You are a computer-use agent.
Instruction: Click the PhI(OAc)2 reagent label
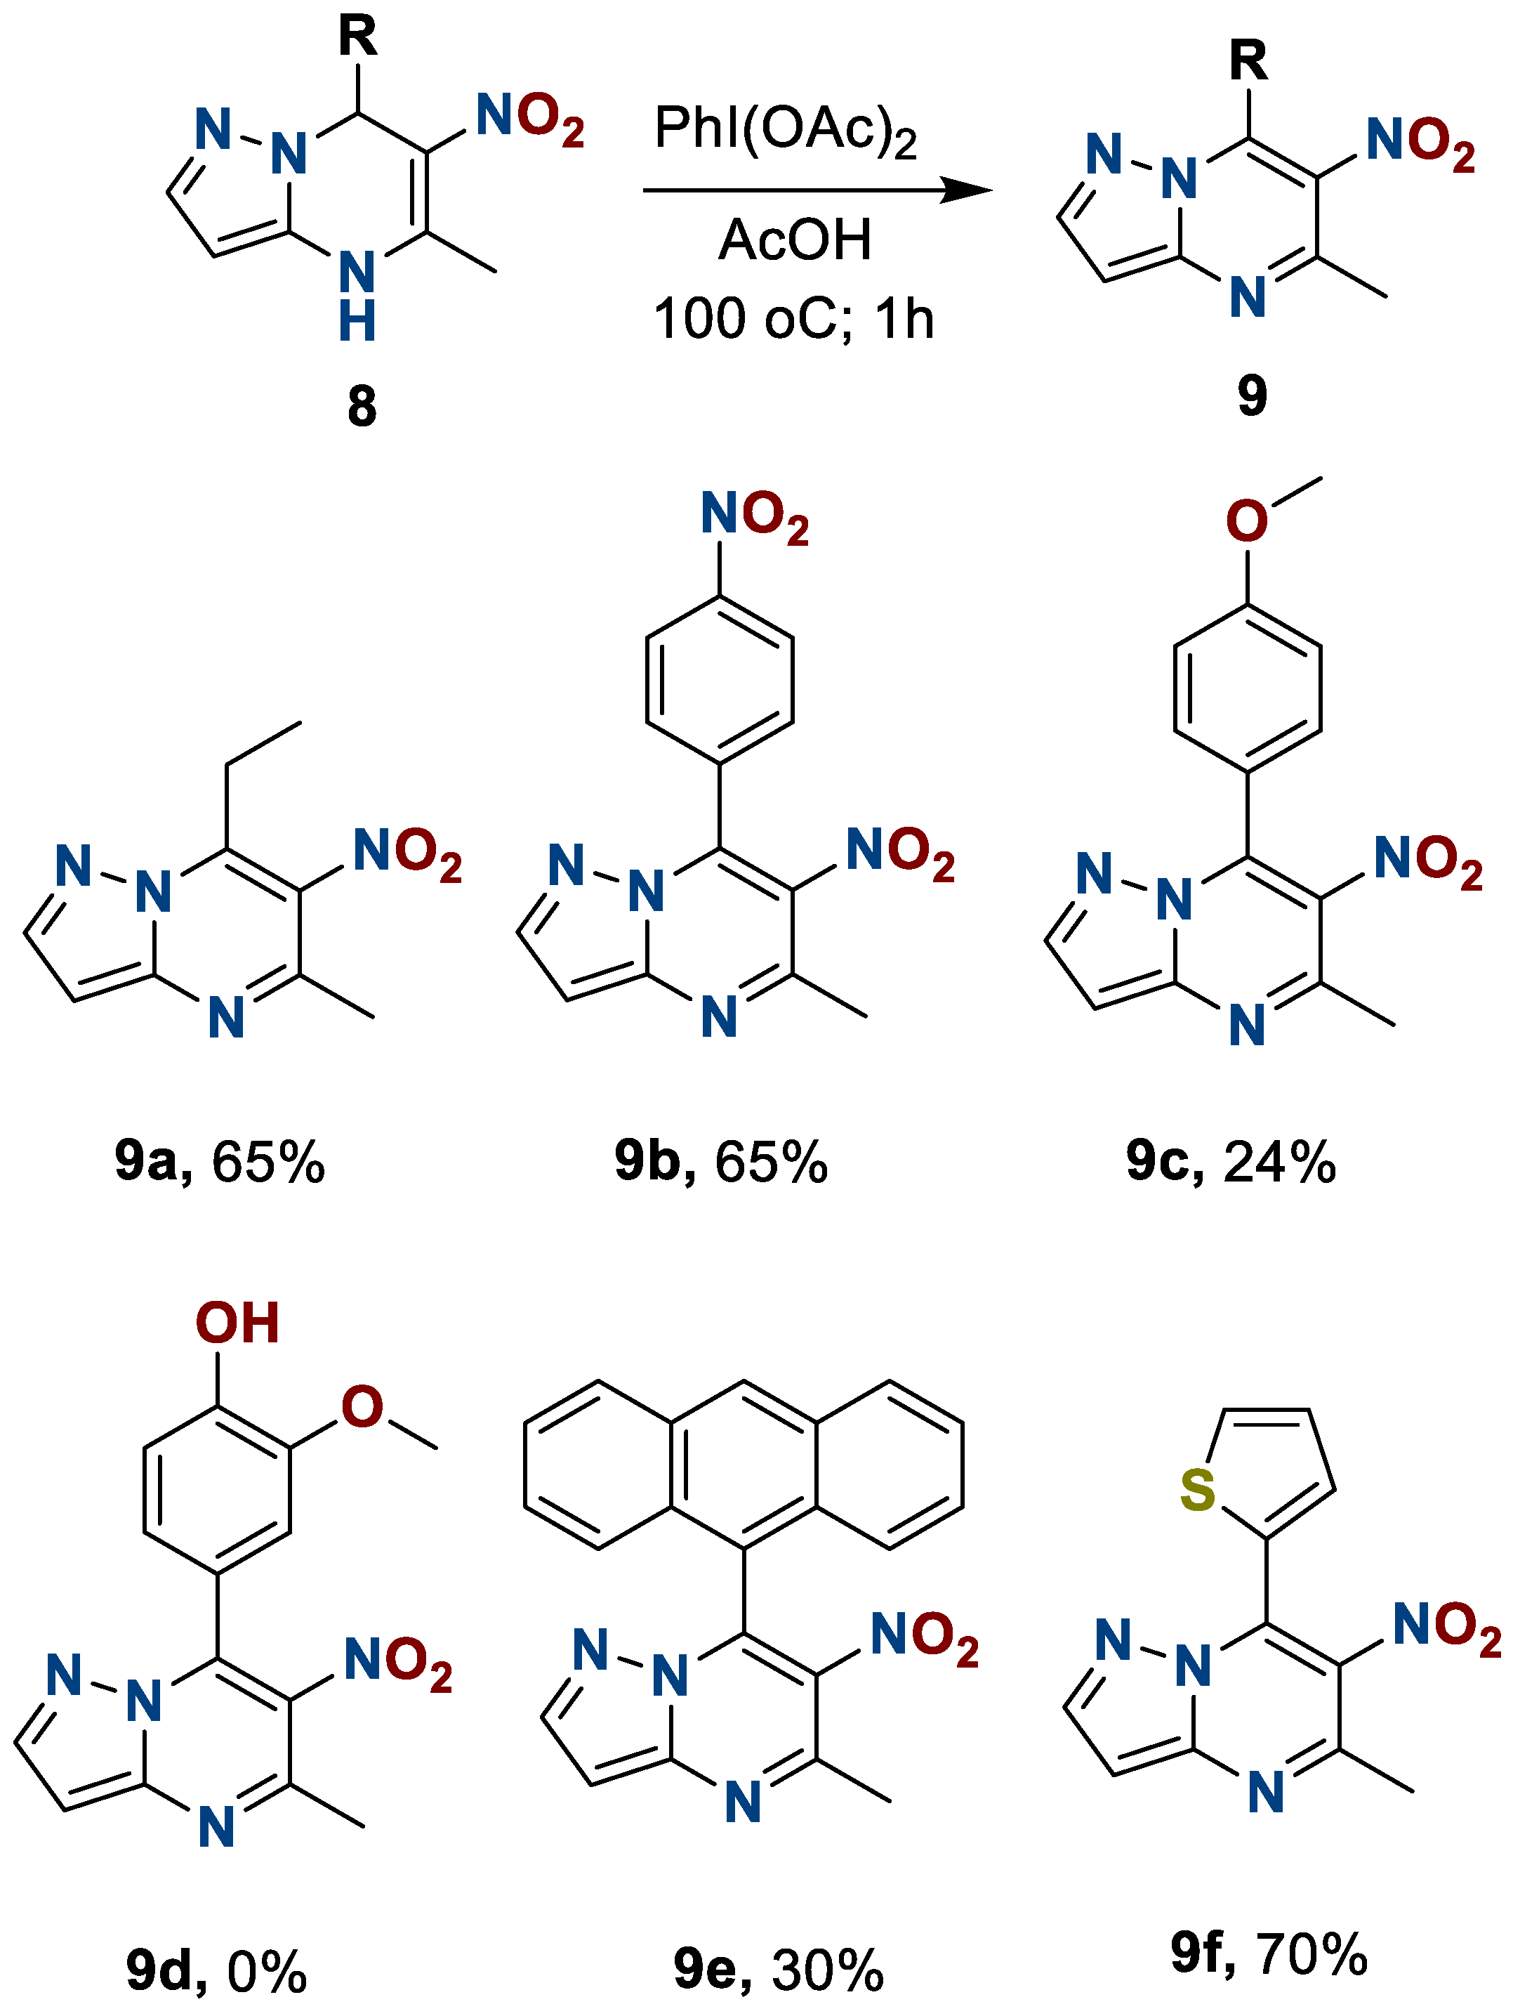(785, 129)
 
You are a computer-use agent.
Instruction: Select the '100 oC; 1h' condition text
(793, 319)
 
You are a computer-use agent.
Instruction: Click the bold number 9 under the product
(1252, 395)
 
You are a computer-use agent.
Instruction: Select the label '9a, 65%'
(220, 1161)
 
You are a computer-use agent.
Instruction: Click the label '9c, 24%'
(1231, 1161)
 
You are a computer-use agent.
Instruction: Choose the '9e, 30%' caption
(778, 1969)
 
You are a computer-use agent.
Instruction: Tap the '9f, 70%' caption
(1269, 1953)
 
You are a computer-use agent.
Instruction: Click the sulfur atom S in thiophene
(1196, 1489)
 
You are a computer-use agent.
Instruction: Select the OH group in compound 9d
(236, 1323)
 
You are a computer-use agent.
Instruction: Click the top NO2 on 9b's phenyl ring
(754, 515)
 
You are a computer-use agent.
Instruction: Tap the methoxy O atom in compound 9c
(1246, 521)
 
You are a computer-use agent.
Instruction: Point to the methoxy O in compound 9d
(362, 1406)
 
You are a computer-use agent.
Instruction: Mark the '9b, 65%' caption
(720, 1161)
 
